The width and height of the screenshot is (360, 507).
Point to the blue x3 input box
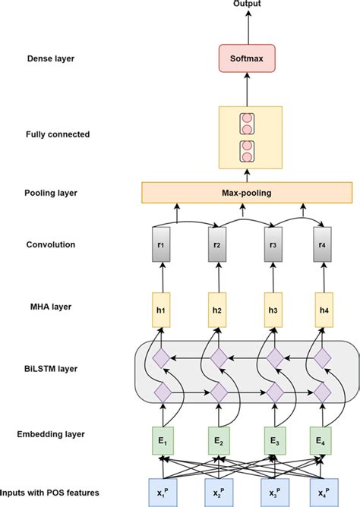[273, 491]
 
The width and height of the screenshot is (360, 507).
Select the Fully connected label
[57, 134]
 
